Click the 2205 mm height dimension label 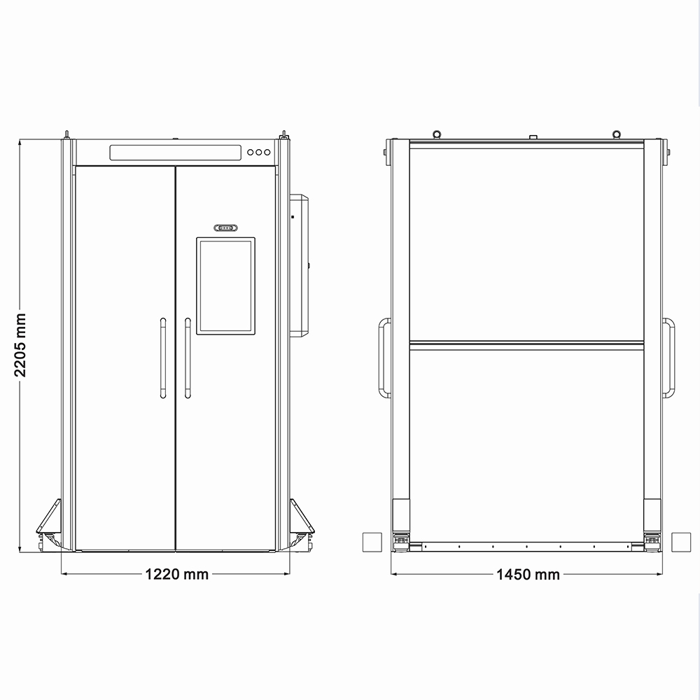tap(20, 344)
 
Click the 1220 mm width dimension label tap(177, 574)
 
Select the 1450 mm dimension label tap(528, 575)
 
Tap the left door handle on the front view tap(163, 358)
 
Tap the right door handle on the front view tap(188, 358)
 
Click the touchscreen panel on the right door tap(226, 286)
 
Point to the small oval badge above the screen tap(226, 228)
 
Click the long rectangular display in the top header tap(176, 152)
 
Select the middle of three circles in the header tap(259, 152)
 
